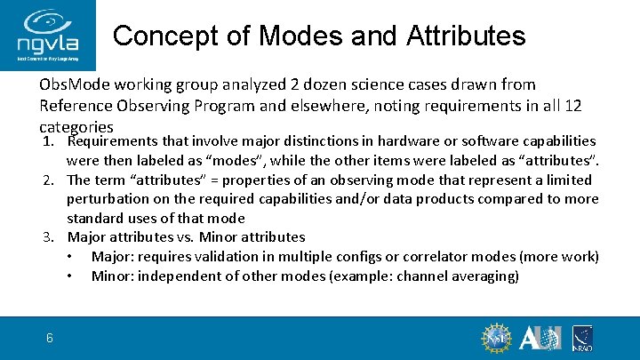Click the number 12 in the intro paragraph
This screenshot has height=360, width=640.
click(x=572, y=106)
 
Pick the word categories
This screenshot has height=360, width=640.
click(x=76, y=127)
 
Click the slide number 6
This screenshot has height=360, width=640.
click(x=50, y=337)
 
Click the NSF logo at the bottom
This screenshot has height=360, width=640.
click(x=496, y=338)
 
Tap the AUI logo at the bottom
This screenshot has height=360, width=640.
click(x=540, y=338)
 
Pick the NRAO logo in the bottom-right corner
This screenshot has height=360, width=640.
click(x=582, y=338)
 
